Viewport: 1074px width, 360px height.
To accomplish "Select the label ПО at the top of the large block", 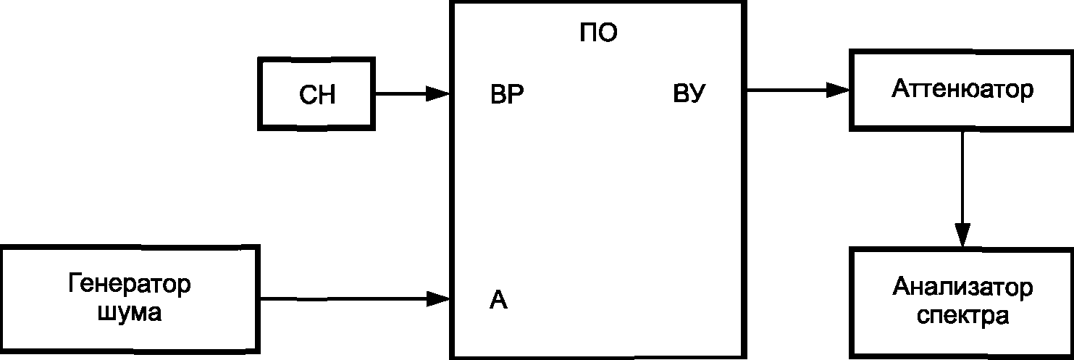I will [x=598, y=34].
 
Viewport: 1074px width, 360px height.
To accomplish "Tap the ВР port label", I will [x=507, y=95].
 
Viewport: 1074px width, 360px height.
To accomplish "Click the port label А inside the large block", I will [x=498, y=299].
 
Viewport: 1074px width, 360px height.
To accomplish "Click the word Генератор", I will [x=130, y=283].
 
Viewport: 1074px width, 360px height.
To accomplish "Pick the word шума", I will [x=129, y=314].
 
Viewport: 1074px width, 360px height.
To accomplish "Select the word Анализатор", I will [x=962, y=288].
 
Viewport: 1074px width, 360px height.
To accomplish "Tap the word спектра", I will [x=962, y=317].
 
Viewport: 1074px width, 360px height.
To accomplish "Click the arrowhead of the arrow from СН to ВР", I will [x=437, y=93].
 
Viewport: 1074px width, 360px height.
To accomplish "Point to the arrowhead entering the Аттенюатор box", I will [x=838, y=90].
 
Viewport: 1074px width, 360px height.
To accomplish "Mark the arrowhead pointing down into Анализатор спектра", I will [x=962, y=234].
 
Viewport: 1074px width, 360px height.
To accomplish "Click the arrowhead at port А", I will [x=437, y=298].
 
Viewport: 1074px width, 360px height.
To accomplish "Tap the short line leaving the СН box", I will [x=398, y=93].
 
